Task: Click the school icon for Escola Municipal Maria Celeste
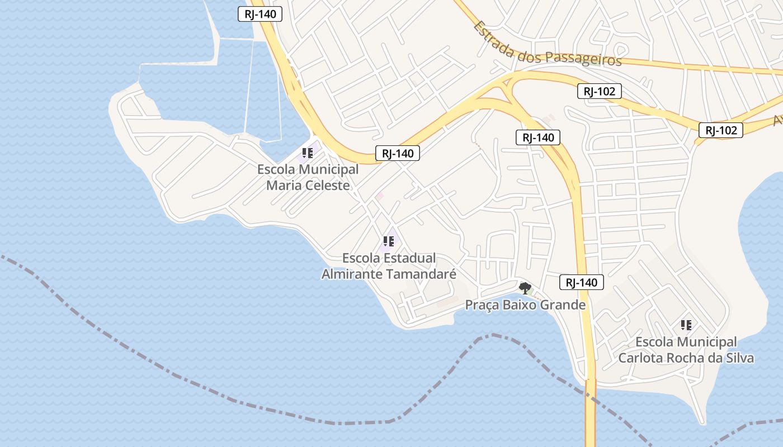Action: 308,153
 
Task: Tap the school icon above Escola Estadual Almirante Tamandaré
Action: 389,241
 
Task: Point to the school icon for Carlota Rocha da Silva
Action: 686,325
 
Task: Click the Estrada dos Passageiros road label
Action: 547,45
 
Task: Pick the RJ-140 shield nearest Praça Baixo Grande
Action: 582,282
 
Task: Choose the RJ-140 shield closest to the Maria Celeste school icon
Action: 397,153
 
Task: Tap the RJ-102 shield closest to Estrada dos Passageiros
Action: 600,91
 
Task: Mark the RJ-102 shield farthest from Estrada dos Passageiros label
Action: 721,130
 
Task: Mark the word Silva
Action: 739,358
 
